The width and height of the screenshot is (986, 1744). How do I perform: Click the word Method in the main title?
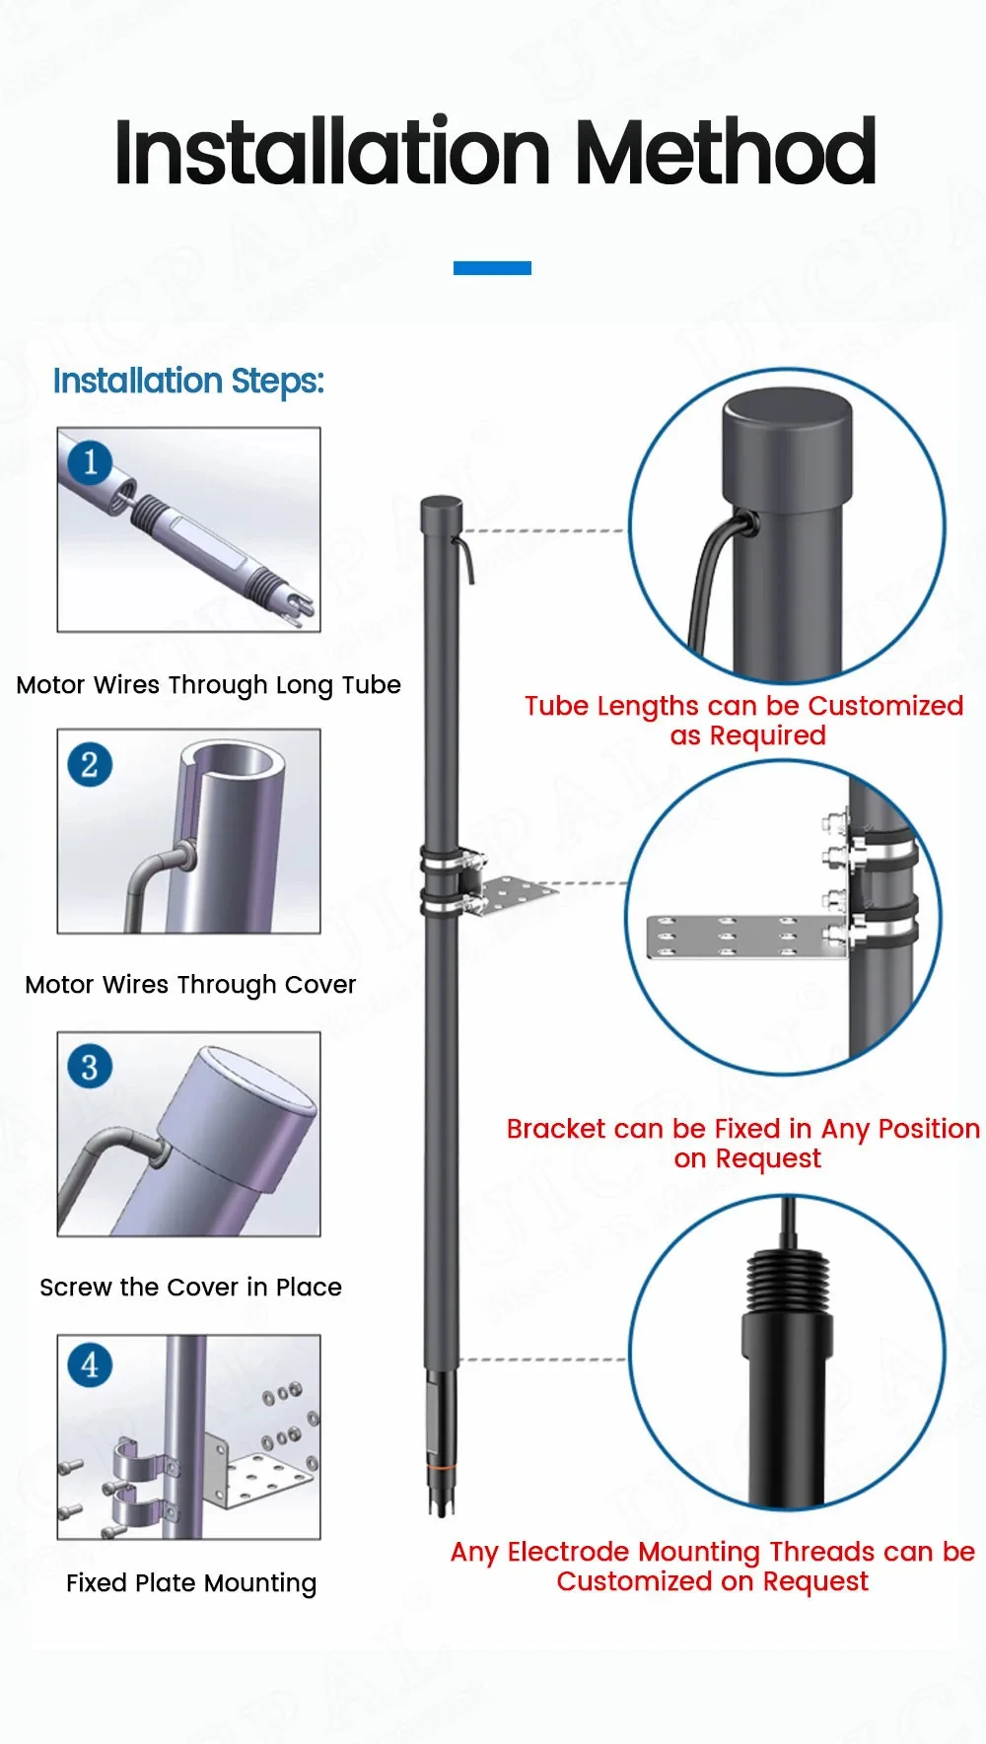725,153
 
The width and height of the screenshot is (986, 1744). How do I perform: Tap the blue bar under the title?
492,268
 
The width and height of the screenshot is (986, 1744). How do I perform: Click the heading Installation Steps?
188,381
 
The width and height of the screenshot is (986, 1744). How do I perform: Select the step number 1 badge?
91,461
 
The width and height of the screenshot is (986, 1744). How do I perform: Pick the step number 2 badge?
90,764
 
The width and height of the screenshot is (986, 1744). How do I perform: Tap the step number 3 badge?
90,1067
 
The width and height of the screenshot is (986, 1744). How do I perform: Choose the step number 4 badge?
90,1365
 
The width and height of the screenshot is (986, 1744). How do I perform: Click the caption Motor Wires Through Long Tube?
208,685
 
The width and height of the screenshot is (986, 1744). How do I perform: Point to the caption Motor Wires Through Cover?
190,985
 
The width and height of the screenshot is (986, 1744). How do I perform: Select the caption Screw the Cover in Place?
190,1288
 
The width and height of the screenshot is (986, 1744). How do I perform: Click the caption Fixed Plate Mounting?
190,1583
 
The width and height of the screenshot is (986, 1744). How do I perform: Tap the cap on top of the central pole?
441,506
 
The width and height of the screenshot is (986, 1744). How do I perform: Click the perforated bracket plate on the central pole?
516,893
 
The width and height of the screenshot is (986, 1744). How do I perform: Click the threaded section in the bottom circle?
786,1281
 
